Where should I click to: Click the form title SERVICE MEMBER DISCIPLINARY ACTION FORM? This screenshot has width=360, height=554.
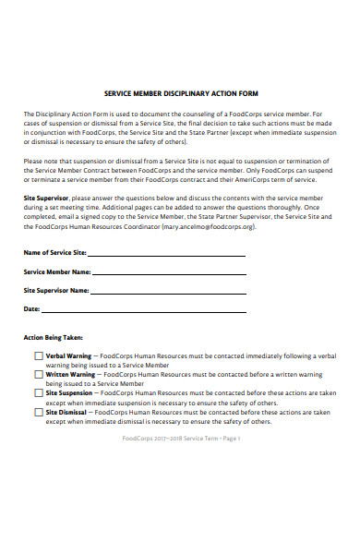(x=181, y=93)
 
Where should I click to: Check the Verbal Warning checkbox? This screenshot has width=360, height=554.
(x=38, y=355)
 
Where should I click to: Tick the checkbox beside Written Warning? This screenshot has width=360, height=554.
(x=38, y=374)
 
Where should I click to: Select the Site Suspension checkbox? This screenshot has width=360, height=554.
(x=38, y=392)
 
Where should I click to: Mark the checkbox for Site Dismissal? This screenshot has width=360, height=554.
(x=38, y=411)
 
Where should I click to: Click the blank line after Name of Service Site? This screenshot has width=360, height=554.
(x=166, y=254)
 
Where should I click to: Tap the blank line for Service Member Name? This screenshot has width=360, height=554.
(x=170, y=273)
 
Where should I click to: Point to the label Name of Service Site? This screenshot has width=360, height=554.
(x=54, y=253)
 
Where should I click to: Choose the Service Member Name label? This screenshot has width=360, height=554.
(x=56, y=271)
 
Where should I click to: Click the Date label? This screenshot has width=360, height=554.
(x=31, y=308)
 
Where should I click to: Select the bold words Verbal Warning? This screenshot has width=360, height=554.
(x=69, y=355)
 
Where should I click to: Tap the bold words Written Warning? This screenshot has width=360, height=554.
(x=70, y=374)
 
